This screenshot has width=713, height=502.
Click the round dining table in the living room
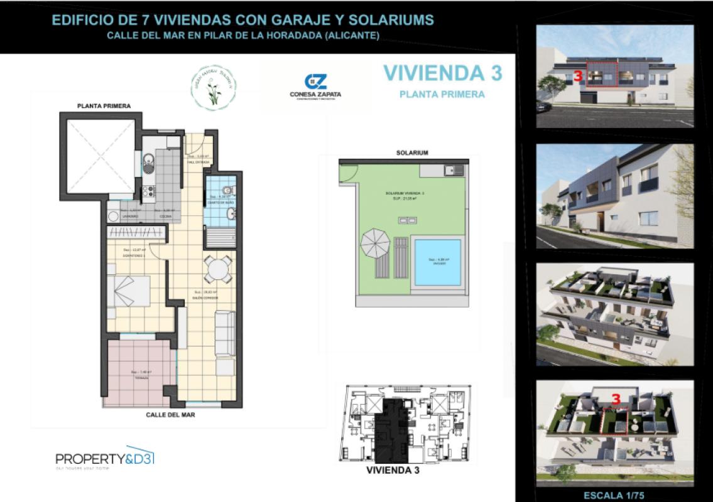[x=217, y=269]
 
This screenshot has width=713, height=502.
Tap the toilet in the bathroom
[x=229, y=190]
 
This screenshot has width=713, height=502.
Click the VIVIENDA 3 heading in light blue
[x=442, y=73]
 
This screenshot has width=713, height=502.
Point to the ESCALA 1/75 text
[x=614, y=494]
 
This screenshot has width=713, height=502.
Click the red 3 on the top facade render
[x=576, y=77]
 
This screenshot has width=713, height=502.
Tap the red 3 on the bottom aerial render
[x=616, y=398]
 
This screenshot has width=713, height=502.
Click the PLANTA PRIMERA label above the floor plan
[x=104, y=106]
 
